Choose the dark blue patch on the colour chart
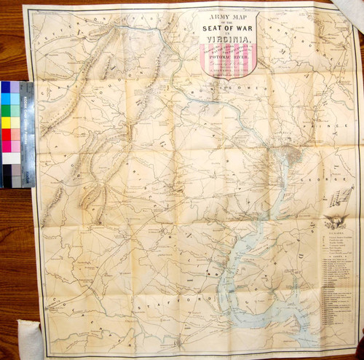6,87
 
